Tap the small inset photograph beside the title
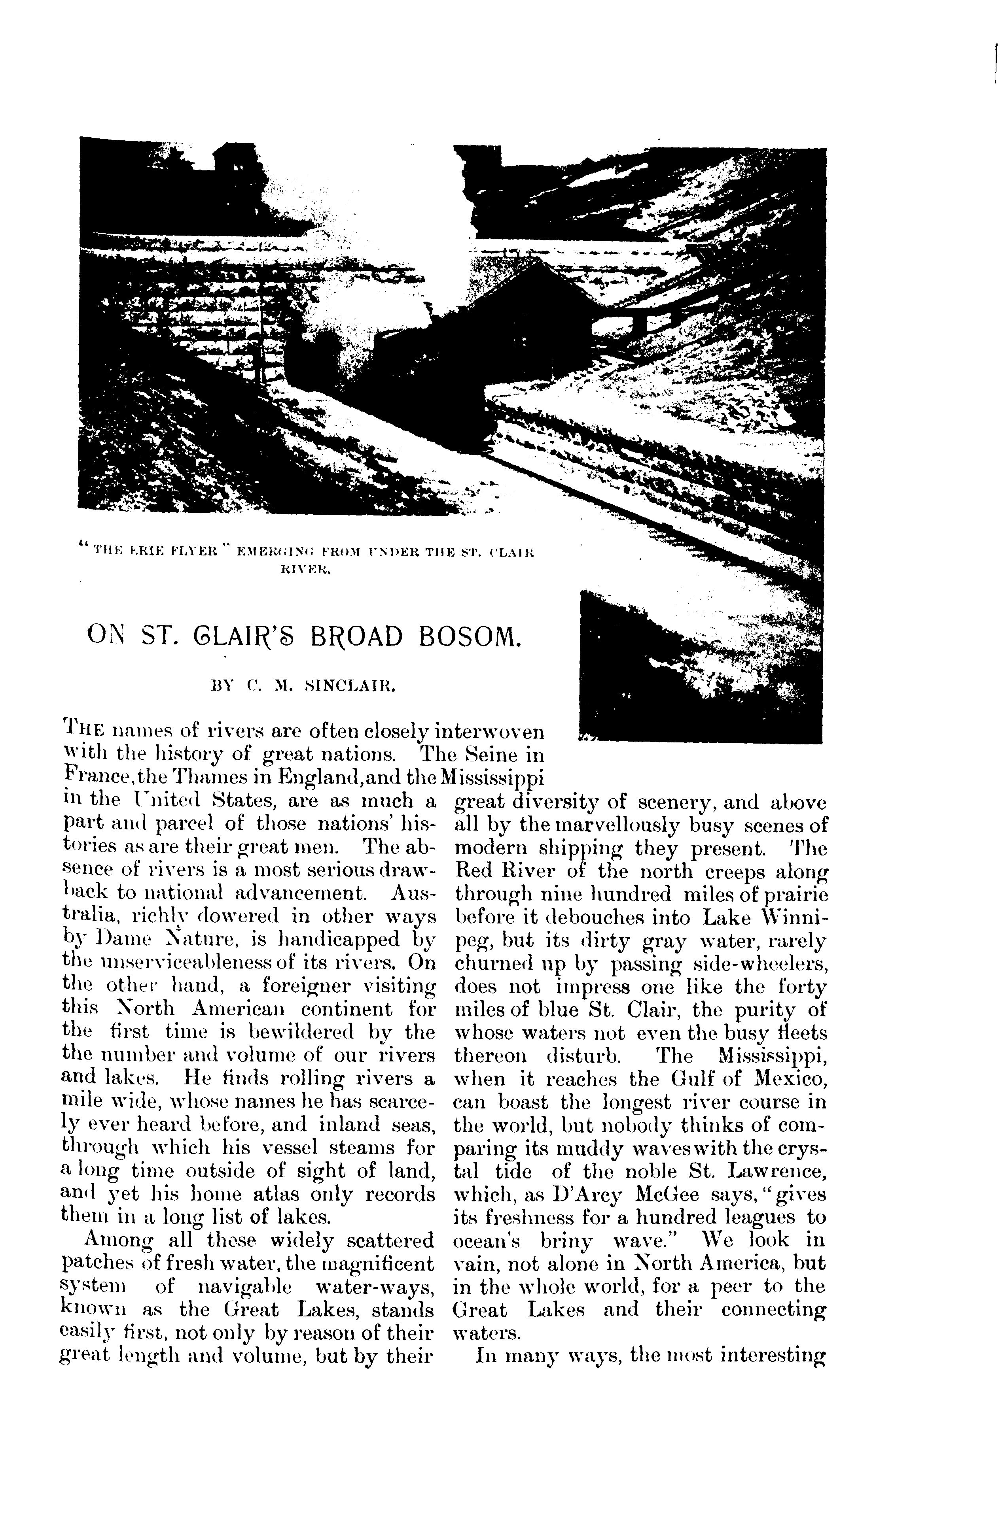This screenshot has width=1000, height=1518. (x=699, y=666)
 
